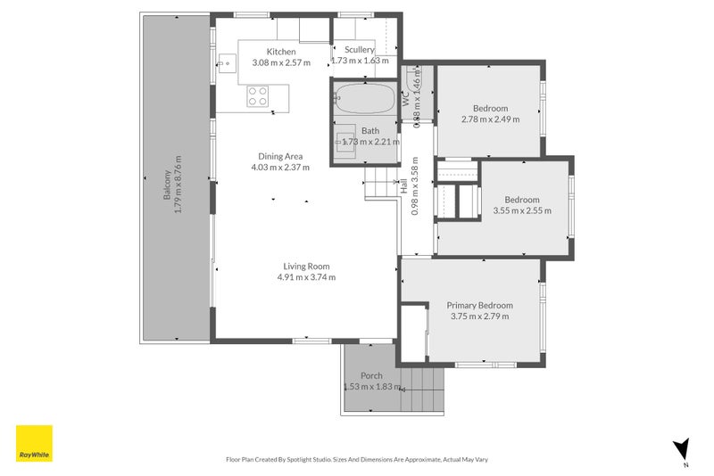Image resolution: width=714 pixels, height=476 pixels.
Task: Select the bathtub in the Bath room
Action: [363, 98]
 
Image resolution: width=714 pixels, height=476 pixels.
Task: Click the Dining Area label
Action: [280, 156]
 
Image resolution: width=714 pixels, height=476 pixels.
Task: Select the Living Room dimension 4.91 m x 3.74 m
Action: [306, 277]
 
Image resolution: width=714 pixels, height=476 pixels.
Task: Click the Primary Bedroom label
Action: [479, 305]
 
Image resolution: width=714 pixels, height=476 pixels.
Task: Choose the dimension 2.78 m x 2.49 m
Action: [490, 119]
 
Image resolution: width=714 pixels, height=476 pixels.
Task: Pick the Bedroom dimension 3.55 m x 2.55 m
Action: [522, 211]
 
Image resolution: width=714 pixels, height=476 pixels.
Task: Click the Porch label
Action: [371, 375]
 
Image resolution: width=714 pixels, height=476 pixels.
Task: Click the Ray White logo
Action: [34, 443]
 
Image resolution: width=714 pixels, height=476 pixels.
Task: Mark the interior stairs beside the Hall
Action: [380, 185]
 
